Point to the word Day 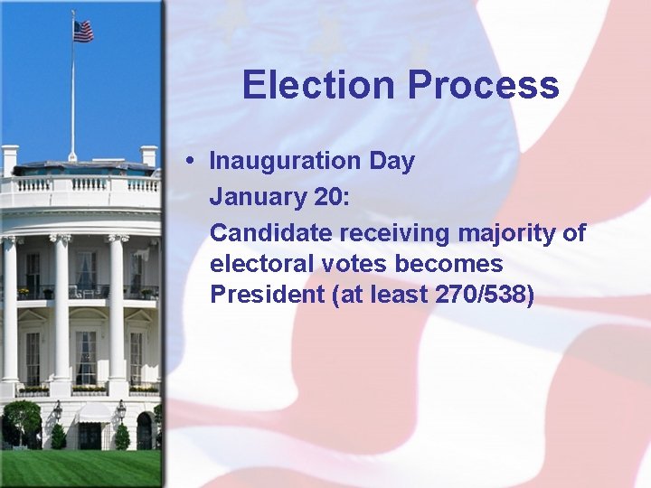(392, 162)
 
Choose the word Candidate (271, 233)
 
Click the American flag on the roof (83, 31)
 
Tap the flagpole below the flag (72, 99)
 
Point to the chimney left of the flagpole (10, 160)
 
